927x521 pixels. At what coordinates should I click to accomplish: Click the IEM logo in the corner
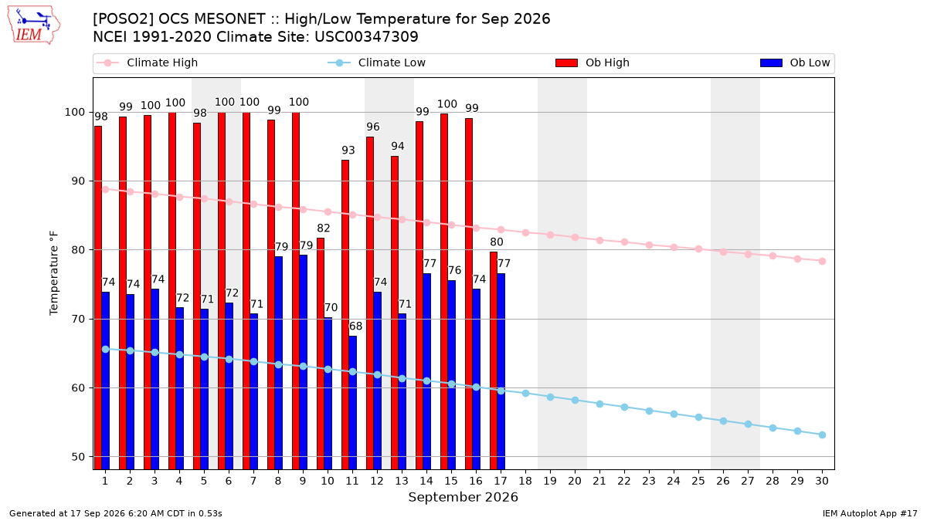(34, 25)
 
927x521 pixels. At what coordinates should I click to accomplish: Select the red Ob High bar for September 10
(321, 354)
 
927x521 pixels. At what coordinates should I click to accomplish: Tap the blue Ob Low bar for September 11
(352, 402)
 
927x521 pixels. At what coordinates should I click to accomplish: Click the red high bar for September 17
(494, 360)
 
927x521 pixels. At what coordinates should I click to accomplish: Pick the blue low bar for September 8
(279, 363)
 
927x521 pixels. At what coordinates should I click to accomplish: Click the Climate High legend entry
(147, 63)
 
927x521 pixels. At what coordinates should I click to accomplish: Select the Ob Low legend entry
(795, 63)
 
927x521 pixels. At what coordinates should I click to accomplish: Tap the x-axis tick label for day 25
(698, 481)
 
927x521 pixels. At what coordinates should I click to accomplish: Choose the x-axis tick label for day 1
(105, 481)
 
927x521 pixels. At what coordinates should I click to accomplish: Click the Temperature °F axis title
(54, 273)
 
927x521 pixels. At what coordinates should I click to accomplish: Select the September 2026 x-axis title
(463, 497)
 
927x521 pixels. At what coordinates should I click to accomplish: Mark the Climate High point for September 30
(822, 262)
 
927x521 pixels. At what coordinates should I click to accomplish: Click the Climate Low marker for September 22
(624, 408)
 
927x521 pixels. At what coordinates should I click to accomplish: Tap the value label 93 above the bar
(348, 151)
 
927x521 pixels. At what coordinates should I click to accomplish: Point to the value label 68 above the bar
(355, 326)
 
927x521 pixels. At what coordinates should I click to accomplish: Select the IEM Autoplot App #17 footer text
(870, 513)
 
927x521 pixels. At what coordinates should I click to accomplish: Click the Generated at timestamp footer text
(115, 513)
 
